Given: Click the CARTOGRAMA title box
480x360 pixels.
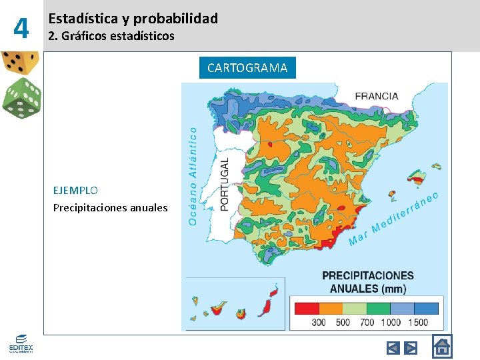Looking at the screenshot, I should (x=247, y=67).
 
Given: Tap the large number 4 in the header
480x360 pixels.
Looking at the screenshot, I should (x=22, y=29).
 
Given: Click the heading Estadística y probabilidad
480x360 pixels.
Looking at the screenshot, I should (x=133, y=19).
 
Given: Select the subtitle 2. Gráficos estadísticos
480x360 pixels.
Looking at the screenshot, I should (x=111, y=36).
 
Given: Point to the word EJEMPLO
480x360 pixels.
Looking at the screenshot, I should (x=75, y=190).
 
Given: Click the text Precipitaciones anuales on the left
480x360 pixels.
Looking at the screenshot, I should (x=111, y=207).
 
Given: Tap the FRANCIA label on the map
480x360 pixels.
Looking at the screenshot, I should (x=377, y=95).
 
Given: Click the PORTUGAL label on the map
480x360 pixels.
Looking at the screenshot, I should (x=225, y=185).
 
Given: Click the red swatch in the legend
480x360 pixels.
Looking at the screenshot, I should (x=307, y=309).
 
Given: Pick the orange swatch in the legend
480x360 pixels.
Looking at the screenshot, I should (x=331, y=309).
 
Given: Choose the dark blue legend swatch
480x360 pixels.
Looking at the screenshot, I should (x=426, y=309).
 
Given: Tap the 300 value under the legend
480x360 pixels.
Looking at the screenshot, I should (x=319, y=323).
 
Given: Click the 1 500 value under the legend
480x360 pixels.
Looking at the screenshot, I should (x=417, y=323).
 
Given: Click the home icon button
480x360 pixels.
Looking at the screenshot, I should (x=442, y=347).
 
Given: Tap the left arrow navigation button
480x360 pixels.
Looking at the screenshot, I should (x=393, y=347).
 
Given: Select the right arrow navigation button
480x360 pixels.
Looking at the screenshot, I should (x=411, y=347).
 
